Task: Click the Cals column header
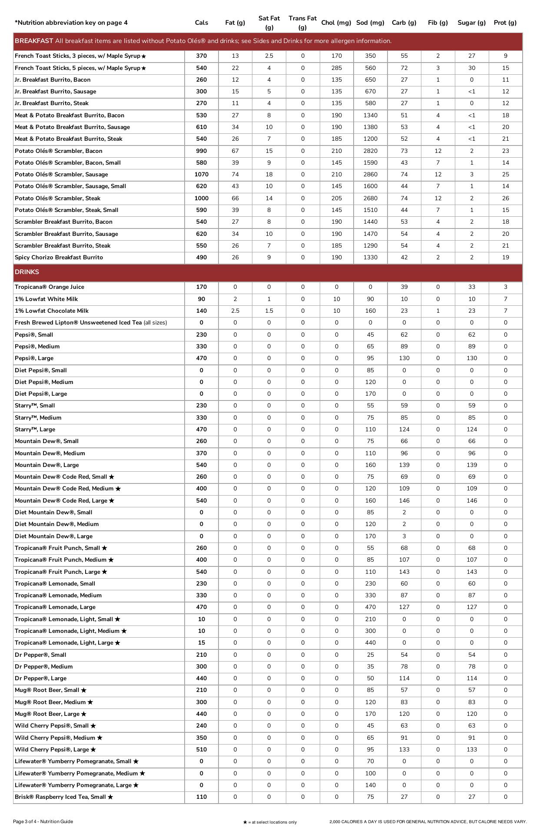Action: [201, 23]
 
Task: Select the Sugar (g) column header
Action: [471, 23]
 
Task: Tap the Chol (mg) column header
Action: [336, 23]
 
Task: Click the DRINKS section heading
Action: [27, 272]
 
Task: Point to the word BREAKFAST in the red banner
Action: [34, 41]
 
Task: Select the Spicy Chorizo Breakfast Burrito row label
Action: [59, 257]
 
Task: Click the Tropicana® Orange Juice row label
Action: [49, 287]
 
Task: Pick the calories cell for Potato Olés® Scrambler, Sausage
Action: [201, 174]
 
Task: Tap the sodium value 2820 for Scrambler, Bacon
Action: [370, 151]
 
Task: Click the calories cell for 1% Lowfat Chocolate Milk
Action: [201, 311]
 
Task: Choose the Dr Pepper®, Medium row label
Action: [43, 666]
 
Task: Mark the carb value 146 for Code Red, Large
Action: [404, 500]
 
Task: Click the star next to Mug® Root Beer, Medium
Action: [90, 702]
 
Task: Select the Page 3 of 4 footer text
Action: [43, 821]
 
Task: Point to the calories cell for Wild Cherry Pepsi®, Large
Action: [201, 749]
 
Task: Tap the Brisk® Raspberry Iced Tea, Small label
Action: [60, 797]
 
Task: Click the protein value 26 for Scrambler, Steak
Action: [505, 198]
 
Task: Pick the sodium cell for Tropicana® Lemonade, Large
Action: [370, 607]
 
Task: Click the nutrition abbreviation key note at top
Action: [71, 23]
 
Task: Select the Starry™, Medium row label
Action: [38, 417]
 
